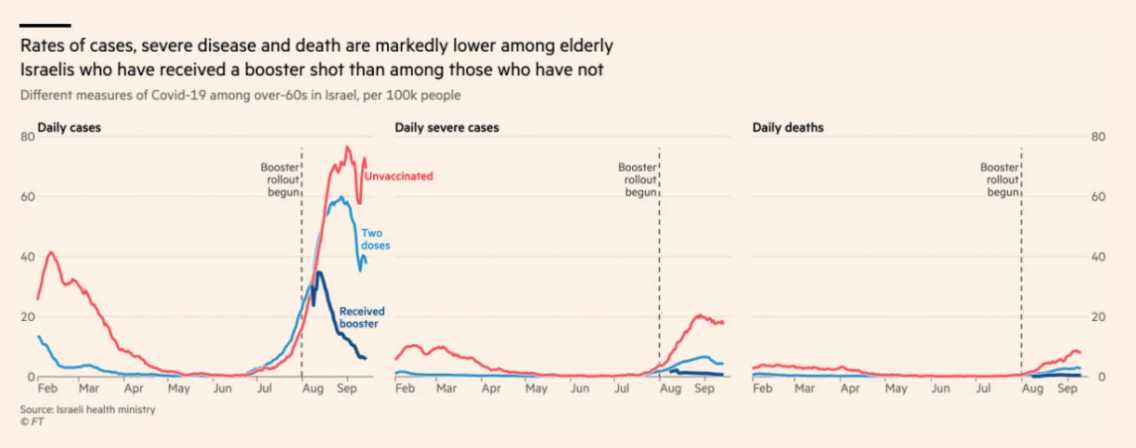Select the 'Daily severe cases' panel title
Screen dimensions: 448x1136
click(x=446, y=127)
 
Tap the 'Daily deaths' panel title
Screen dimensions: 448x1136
click(x=788, y=127)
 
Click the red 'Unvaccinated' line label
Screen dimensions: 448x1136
click(x=398, y=176)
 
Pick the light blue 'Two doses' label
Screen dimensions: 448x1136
click(x=375, y=239)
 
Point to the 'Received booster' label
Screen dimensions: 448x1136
click(x=362, y=318)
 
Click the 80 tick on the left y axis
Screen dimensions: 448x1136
click(x=27, y=137)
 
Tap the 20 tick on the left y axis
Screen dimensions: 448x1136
click(x=27, y=317)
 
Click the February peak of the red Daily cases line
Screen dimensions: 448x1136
click(x=50, y=252)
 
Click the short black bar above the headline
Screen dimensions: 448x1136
click(x=45, y=25)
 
